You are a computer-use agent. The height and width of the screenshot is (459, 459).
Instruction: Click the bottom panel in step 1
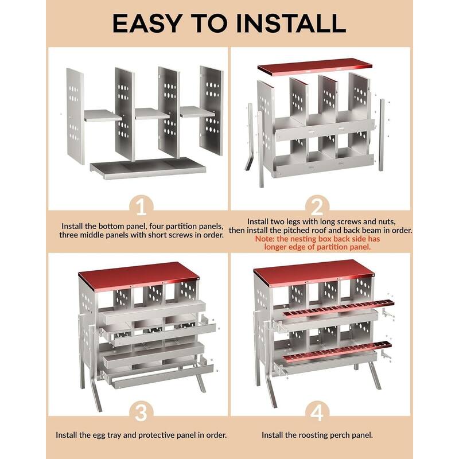[x=148, y=168]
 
